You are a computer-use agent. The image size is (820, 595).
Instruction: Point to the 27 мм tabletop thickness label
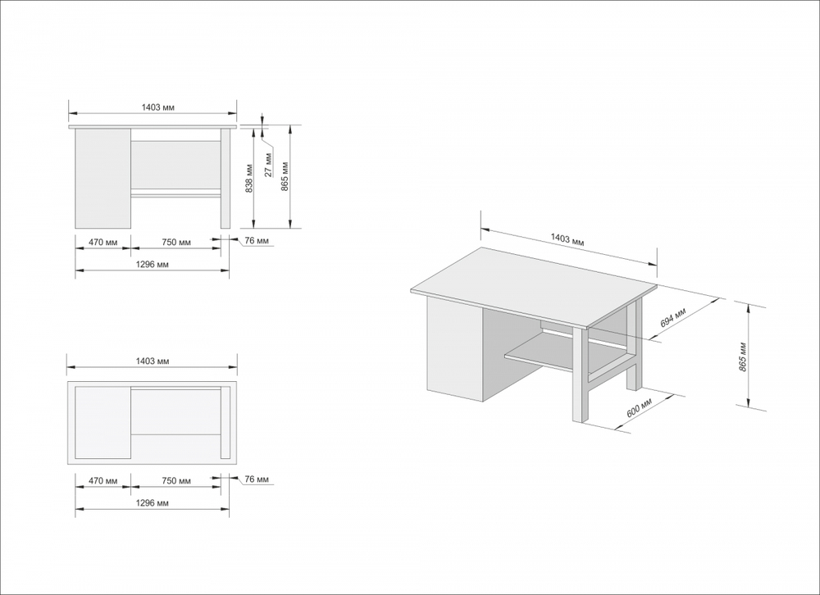(x=269, y=164)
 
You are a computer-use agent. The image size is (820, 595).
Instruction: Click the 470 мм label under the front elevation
(x=102, y=243)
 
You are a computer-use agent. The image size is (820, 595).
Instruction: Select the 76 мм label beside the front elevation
(x=257, y=240)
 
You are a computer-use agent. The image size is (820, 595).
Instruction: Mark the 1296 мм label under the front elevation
(x=153, y=265)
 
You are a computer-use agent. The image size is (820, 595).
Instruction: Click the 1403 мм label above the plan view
(x=153, y=361)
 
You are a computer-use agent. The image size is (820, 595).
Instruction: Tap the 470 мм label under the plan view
(x=102, y=481)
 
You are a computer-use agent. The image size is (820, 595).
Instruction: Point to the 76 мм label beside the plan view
(x=257, y=479)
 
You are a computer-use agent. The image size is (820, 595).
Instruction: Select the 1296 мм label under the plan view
(x=153, y=503)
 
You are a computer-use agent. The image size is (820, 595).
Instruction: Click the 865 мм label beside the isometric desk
(x=742, y=354)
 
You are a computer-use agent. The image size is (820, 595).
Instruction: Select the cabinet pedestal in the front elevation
(x=102, y=179)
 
